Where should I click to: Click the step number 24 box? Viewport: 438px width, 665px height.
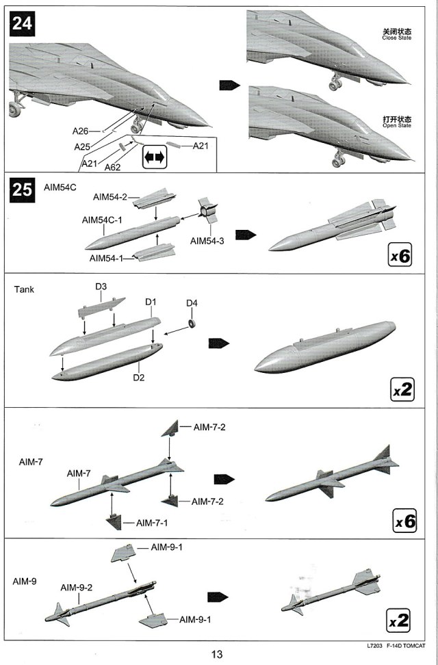coord(21,25)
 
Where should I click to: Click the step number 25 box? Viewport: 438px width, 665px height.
coord(22,189)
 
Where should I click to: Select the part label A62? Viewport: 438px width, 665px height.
coord(112,166)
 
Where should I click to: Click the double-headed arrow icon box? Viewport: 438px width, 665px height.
coord(154,157)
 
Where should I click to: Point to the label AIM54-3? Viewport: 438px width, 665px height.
coord(207,241)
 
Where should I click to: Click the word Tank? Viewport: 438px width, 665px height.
coord(24,289)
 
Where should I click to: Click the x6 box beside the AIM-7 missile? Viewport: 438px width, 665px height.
coord(405,521)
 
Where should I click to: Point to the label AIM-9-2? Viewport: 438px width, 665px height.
coord(77,587)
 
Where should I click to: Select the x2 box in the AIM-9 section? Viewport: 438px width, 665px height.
coord(398,621)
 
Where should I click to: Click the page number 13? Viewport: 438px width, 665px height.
coord(217,655)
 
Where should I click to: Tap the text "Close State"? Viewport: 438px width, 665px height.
coord(397,37)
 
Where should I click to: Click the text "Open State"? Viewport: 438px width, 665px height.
coord(397,126)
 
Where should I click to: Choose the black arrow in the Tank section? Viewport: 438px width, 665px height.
coord(219,343)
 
